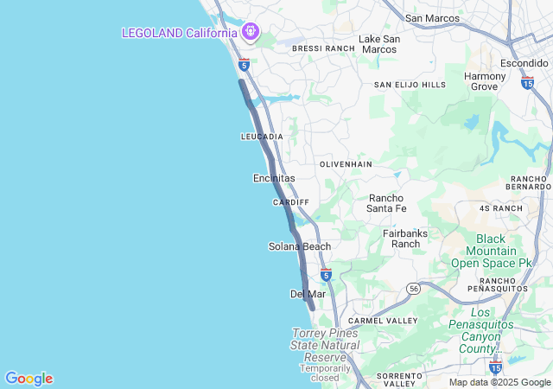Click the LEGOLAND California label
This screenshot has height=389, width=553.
tap(180, 33)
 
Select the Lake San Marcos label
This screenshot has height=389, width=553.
tap(379, 44)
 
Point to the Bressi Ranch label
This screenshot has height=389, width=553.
tap(323, 49)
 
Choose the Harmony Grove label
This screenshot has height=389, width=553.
tap(485, 81)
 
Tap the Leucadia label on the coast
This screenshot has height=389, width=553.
tap(262, 137)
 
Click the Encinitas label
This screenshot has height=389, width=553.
tap(274, 178)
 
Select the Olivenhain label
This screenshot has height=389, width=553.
tap(346, 163)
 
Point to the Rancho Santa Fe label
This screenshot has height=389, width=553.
tap(386, 202)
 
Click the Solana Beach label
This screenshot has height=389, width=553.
tap(300, 246)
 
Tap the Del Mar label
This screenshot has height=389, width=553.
tap(308, 294)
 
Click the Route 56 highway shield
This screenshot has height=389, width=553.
tap(415, 289)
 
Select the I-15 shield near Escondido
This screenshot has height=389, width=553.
tap(527, 81)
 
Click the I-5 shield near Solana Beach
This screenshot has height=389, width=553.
tap(326, 274)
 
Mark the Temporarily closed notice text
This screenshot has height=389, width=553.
tap(325, 373)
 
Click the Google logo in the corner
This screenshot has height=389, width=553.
tap(29, 379)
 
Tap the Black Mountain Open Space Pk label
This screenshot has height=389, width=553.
tap(503, 251)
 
